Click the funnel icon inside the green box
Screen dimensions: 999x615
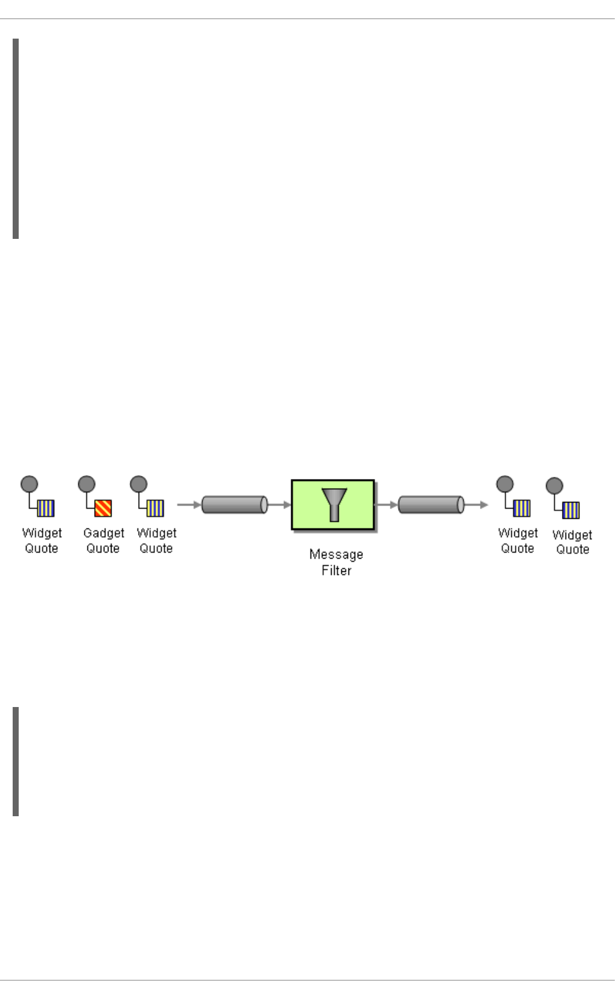click(x=333, y=504)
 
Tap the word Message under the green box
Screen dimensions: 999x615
click(x=336, y=554)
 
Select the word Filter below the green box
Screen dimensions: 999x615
click(x=336, y=570)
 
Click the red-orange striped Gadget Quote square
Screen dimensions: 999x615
click(x=103, y=509)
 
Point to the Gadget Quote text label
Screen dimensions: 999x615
click(x=103, y=541)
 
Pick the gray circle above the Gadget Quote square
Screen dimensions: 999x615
click(x=86, y=484)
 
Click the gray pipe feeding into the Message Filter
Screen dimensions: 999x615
click(x=235, y=504)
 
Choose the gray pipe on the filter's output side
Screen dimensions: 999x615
click(x=431, y=504)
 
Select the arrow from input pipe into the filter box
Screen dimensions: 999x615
click(x=279, y=504)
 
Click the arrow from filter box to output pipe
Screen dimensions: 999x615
click(x=386, y=504)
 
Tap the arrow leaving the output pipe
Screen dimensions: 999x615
click(x=476, y=504)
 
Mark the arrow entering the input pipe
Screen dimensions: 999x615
click(x=189, y=504)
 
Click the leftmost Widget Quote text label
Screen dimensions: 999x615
click(x=42, y=541)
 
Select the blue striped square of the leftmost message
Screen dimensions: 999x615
click(x=46, y=509)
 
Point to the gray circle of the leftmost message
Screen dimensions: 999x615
click(x=29, y=484)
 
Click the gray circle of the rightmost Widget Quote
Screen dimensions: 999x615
click(x=554, y=486)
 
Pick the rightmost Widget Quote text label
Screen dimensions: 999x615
click(x=572, y=542)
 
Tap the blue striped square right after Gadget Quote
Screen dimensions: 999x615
click(x=156, y=509)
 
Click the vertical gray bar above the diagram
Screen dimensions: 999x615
click(x=16, y=139)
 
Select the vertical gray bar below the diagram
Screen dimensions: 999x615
click(x=16, y=761)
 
